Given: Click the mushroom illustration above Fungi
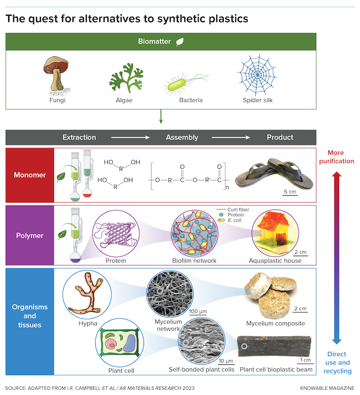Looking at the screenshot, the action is pos(56,76).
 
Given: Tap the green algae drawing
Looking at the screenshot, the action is pos(126,78).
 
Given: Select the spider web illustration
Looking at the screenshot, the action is pos(257,75).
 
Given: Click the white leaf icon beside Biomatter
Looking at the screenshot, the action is pos(180,41).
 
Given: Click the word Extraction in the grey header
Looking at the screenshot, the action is pos(79,137).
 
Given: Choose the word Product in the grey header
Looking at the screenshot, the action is pos(280,137).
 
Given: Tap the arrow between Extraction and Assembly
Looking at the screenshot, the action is pos(130,137).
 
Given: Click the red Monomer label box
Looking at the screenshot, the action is pos(30,175).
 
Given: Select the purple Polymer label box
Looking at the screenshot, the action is pos(30,235).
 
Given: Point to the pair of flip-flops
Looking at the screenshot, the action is pos(274,174).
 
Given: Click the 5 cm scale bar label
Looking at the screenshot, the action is pos(290,192).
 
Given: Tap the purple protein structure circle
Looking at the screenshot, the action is pos(116,233).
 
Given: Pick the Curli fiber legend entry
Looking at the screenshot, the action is pos(233,209).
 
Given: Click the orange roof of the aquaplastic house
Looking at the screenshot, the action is pos(272,221).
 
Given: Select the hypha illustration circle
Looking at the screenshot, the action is pos(87,295).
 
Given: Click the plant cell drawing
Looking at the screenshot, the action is pos(120,342).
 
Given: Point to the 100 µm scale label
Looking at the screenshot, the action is pos(198,311).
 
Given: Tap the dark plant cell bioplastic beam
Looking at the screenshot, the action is pos(274,346).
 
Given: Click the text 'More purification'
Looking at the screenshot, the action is pos(336,157).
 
